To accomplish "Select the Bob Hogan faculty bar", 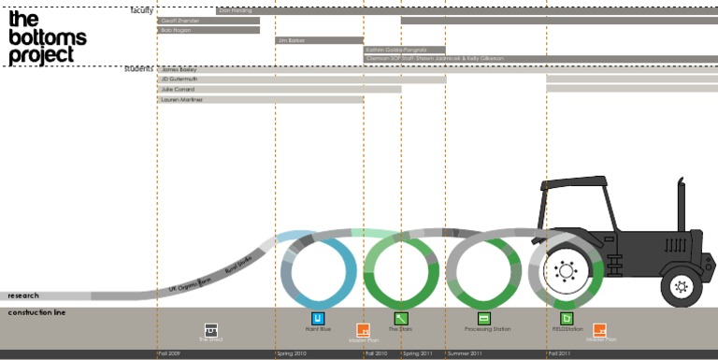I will [208, 30].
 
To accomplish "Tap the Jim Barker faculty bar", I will [319, 40].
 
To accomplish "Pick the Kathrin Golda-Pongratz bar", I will [404, 50].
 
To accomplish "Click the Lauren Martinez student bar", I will [261, 99].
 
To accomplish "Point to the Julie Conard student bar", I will [280, 90].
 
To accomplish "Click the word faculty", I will [142, 10].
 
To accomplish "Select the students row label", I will [138, 69].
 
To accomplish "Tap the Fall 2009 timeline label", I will [168, 354].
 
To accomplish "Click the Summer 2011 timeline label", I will [465, 354].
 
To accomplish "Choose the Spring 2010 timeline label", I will [292, 354].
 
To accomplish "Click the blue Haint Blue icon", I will [318, 319].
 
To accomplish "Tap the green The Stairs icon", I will [400, 319].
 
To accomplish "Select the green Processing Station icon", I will [484, 319].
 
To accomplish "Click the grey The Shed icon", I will [211, 329].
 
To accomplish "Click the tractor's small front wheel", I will [681, 286].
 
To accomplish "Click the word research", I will [23, 295].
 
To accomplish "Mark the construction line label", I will [36, 312].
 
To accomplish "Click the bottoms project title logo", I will [47, 37].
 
